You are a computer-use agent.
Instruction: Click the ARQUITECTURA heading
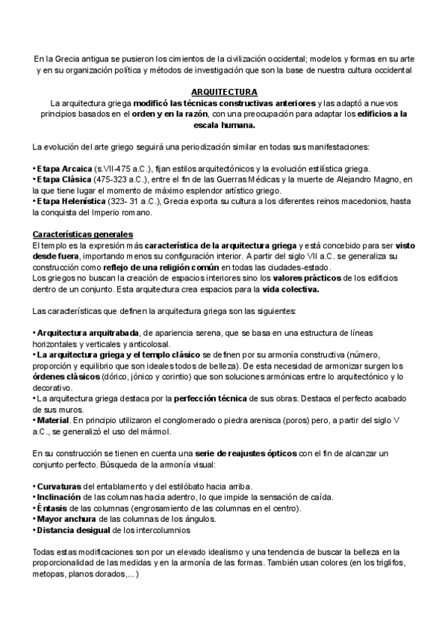(223, 91)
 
